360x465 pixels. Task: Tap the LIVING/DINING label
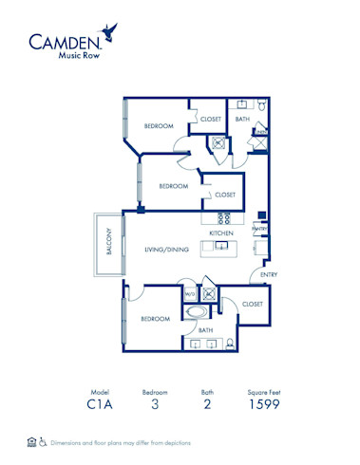(x=166, y=250)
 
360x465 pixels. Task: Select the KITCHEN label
(x=221, y=232)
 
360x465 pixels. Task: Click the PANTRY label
(x=258, y=228)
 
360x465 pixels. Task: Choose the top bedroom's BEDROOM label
(x=159, y=126)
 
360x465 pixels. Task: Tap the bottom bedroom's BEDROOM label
(x=156, y=320)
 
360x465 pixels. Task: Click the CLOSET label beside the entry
(x=252, y=305)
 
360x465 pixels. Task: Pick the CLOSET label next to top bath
(x=210, y=119)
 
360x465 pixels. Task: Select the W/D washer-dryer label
(x=190, y=294)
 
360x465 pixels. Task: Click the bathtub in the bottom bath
(x=198, y=311)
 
